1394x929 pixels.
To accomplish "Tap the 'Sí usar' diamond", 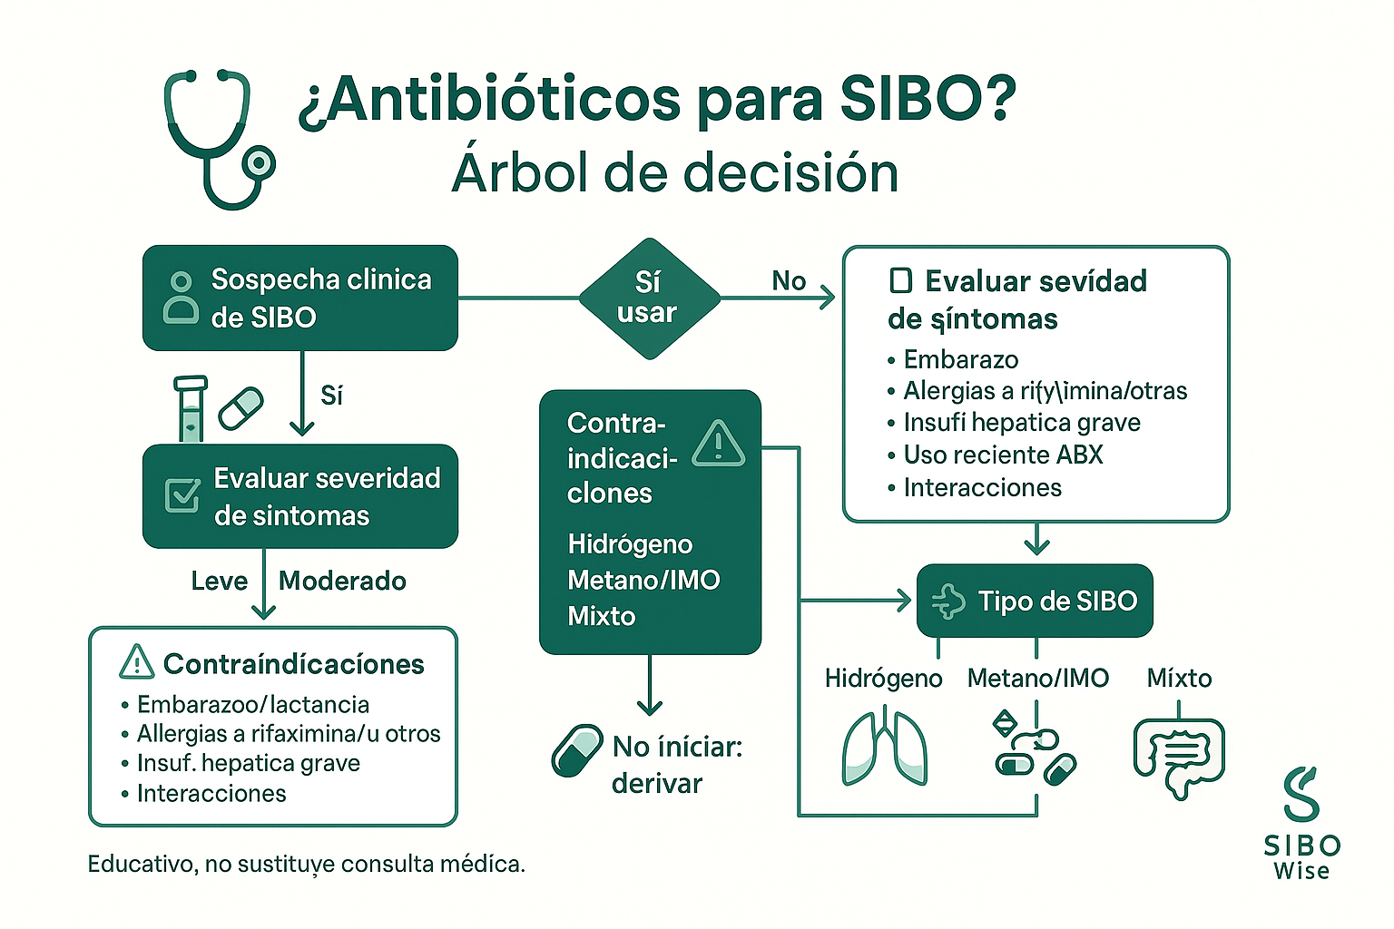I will [x=648, y=298].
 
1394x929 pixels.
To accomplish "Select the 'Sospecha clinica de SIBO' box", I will [x=300, y=298].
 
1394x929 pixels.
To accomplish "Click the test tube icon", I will [x=191, y=408].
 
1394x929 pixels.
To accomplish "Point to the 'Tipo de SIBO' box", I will [x=1035, y=601].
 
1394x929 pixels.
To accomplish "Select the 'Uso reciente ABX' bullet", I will [x=1002, y=455].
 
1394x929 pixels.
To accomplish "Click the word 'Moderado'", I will [x=342, y=581].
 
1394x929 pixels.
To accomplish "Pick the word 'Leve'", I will [x=219, y=581].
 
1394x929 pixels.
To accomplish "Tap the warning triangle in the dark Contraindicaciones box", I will [x=718, y=444].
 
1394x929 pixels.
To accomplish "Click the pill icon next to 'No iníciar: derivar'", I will [x=577, y=750].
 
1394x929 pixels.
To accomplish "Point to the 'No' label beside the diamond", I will [x=789, y=281].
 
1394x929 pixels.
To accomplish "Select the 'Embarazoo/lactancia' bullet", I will [x=252, y=704].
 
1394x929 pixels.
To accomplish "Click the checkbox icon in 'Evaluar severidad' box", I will [x=182, y=495].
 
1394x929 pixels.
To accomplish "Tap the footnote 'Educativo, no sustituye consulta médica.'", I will [x=306, y=864].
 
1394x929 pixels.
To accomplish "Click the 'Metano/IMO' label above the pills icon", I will [x=1037, y=678].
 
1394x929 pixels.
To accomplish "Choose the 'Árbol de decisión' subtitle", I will [x=674, y=172].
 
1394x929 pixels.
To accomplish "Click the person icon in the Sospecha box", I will [x=181, y=298].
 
